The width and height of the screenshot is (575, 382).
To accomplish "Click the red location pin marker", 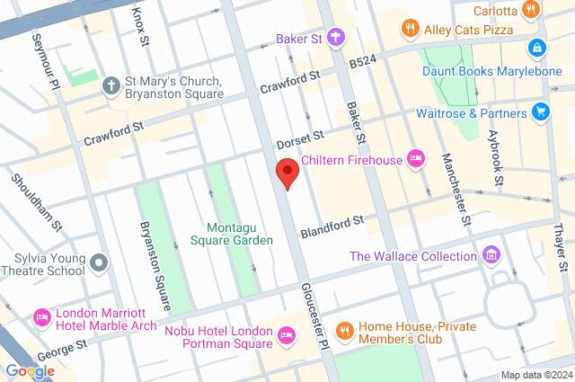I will tap(287, 172).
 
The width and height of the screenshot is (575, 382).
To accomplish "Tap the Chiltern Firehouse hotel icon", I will tap(415, 159).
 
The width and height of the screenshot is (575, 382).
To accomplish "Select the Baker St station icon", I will tap(336, 38).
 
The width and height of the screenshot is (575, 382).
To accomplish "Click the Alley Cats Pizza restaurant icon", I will tap(411, 28).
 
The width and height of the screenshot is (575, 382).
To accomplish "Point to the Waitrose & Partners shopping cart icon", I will tap(541, 112).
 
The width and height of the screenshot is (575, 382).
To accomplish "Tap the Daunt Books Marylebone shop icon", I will tap(537, 46).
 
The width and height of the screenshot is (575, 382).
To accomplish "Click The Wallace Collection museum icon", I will tap(491, 256).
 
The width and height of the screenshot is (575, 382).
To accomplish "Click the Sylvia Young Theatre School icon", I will tap(99, 263).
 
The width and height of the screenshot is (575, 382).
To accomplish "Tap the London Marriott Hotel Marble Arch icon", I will tap(41, 317).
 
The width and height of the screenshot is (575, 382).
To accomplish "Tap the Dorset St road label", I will tap(299, 139).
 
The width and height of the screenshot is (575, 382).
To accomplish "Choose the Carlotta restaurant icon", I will tap(532, 10).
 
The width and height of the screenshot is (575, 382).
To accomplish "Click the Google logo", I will tap(29, 371).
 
